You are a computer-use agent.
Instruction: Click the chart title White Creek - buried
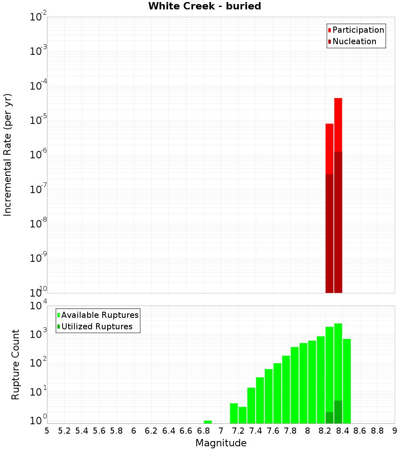click(x=204, y=6)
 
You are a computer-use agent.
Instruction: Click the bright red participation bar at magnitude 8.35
click(x=338, y=123)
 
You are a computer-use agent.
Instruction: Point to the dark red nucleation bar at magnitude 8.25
click(x=329, y=233)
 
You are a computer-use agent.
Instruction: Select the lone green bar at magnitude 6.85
click(x=208, y=422)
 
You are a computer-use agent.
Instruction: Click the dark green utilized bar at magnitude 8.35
click(x=338, y=412)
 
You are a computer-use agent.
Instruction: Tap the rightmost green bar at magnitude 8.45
click(x=347, y=380)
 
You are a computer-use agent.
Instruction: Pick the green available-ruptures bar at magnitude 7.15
click(x=234, y=413)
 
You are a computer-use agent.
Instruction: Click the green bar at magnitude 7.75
click(x=286, y=389)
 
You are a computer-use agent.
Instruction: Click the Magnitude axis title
click(x=221, y=443)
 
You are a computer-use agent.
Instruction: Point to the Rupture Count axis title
click(x=16, y=364)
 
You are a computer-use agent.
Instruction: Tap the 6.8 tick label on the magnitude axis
click(x=204, y=431)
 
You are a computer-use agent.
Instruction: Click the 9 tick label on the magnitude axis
click(x=395, y=431)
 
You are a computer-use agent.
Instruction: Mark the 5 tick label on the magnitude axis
click(x=47, y=431)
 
